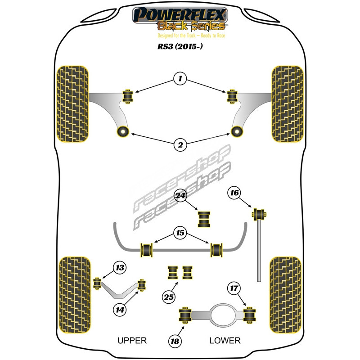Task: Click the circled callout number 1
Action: [x=180, y=80]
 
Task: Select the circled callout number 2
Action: [x=180, y=144]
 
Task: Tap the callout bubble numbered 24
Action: [x=180, y=196]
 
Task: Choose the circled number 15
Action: [x=180, y=233]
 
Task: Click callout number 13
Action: [x=119, y=269]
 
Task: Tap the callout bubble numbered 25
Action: [x=169, y=297]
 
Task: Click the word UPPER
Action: [x=132, y=340]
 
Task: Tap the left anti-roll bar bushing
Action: [x=147, y=249]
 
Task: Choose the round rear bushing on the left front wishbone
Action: [x=122, y=131]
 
